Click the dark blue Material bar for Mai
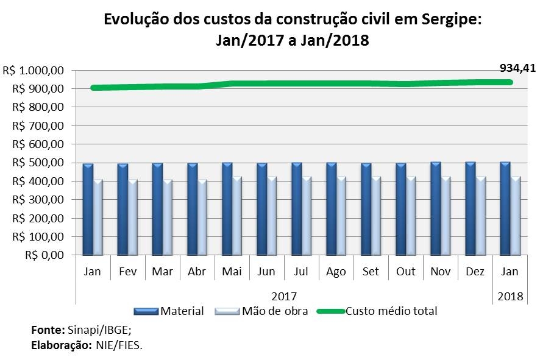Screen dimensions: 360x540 [227, 208]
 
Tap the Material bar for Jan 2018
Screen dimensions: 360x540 [505, 208]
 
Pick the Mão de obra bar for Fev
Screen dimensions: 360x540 [133, 217]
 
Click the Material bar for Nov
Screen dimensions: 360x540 [435, 208]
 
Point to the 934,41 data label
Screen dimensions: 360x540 [517, 68]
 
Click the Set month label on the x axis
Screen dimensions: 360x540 [371, 272]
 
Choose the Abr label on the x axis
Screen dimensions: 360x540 [197, 272]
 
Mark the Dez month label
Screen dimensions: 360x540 [475, 272]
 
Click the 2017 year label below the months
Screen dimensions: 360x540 [284, 296]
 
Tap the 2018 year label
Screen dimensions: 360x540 [510, 296]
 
